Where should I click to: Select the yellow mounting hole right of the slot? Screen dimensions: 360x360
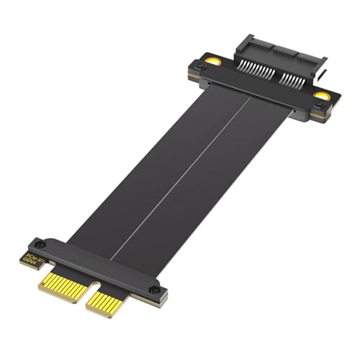tap(323, 94)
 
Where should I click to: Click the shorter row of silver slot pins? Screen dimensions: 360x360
tap(295, 81)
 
